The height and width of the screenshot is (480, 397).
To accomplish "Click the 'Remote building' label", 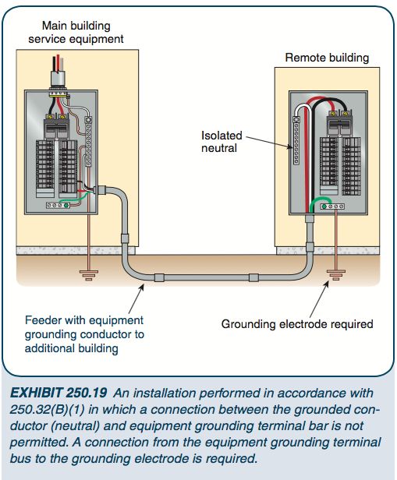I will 327,58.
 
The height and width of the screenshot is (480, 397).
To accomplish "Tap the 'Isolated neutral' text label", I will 222,142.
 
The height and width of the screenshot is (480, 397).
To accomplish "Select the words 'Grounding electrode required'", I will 297,323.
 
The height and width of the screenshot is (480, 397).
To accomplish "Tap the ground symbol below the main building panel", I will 88,275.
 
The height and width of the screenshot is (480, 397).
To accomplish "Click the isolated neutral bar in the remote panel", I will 296,141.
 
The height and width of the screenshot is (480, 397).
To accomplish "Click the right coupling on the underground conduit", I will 253,277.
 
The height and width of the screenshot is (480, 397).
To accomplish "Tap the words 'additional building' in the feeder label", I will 72,348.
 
